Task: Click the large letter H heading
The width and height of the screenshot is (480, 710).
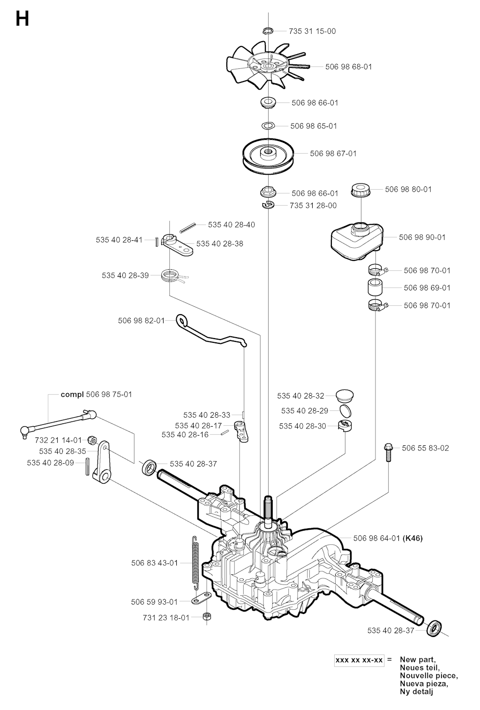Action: click(22, 19)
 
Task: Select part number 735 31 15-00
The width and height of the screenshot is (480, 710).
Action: click(313, 31)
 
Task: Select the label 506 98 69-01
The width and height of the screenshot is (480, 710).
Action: click(427, 288)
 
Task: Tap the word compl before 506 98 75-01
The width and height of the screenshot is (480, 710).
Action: click(72, 394)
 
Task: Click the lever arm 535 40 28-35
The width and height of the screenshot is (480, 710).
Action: click(102, 464)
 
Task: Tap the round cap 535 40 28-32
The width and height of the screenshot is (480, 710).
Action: click(345, 396)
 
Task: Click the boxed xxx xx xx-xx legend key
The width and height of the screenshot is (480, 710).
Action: click(359, 660)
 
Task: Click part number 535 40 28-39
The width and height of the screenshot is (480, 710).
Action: click(125, 275)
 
